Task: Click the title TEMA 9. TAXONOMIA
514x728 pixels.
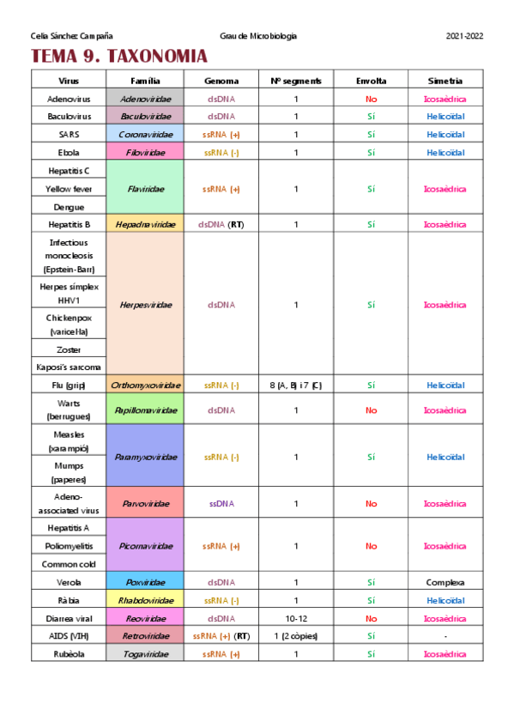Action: [119, 57]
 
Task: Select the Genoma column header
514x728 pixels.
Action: [221, 81]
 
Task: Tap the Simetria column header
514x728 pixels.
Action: [444, 81]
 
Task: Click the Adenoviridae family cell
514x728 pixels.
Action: [144, 99]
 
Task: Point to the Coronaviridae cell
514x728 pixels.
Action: [144, 135]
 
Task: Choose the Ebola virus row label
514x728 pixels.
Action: [70, 153]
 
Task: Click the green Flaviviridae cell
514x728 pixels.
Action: [144, 189]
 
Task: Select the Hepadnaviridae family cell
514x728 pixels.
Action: [144, 225]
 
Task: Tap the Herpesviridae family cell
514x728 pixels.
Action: [144, 305]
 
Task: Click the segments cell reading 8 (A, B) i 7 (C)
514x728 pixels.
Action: [296, 385]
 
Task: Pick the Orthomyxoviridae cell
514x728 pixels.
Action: [144, 385]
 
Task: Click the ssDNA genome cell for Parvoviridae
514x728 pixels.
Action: [221, 504]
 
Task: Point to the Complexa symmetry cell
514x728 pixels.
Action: [444, 582]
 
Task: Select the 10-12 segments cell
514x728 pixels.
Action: [296, 618]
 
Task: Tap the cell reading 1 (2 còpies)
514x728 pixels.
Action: [296, 636]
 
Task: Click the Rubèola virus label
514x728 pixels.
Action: [70, 654]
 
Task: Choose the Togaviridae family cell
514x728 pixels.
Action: [144, 654]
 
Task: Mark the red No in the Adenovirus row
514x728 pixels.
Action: [372, 99]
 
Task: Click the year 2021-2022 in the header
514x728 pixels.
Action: [465, 35]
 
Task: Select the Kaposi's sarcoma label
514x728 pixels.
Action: [70, 367]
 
